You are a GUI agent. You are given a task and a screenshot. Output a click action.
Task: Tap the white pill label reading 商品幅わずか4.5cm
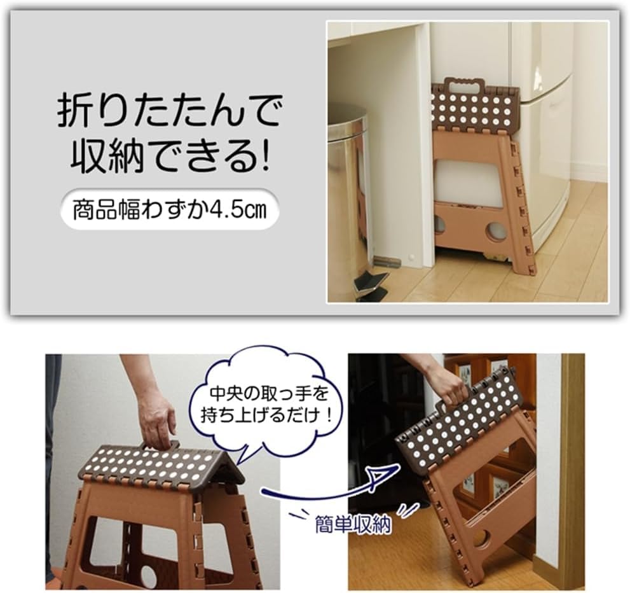(x=169, y=209)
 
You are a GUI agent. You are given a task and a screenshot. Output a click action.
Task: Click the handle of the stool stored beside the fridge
(x=464, y=85)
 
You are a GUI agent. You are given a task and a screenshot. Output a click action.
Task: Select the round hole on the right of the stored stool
(x=496, y=231)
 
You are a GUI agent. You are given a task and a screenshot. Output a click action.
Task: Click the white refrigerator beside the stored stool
(x=547, y=127)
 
